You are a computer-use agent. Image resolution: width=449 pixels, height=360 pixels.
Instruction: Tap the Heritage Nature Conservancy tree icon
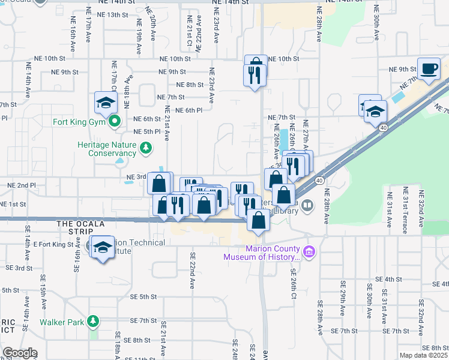pos(144,147)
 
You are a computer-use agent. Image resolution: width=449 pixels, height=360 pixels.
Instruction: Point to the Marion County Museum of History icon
pos(309,251)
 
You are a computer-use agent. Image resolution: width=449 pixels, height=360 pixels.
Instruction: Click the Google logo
pos(20,353)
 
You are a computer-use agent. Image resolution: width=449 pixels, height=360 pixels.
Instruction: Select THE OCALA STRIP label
pos(80,224)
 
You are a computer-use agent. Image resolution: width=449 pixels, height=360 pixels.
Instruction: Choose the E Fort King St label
pos(53,244)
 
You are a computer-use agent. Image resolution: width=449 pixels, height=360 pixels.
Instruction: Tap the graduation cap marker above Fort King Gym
pos(106,103)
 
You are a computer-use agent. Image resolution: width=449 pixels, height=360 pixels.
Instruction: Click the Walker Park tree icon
pos(92,322)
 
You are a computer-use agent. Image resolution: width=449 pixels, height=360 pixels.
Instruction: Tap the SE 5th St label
pos(143,296)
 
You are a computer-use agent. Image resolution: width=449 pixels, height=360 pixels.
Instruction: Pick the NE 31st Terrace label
pos(405,207)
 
